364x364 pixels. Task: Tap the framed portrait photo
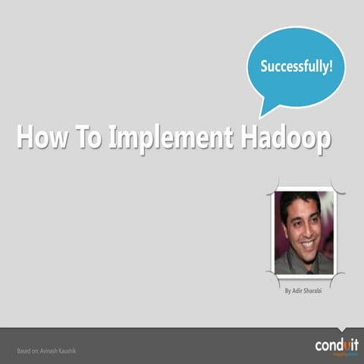pos(303,232)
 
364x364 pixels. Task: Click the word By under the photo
pos(287,290)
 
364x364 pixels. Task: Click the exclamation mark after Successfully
pos(331,66)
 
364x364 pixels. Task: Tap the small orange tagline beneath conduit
pos(337,354)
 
